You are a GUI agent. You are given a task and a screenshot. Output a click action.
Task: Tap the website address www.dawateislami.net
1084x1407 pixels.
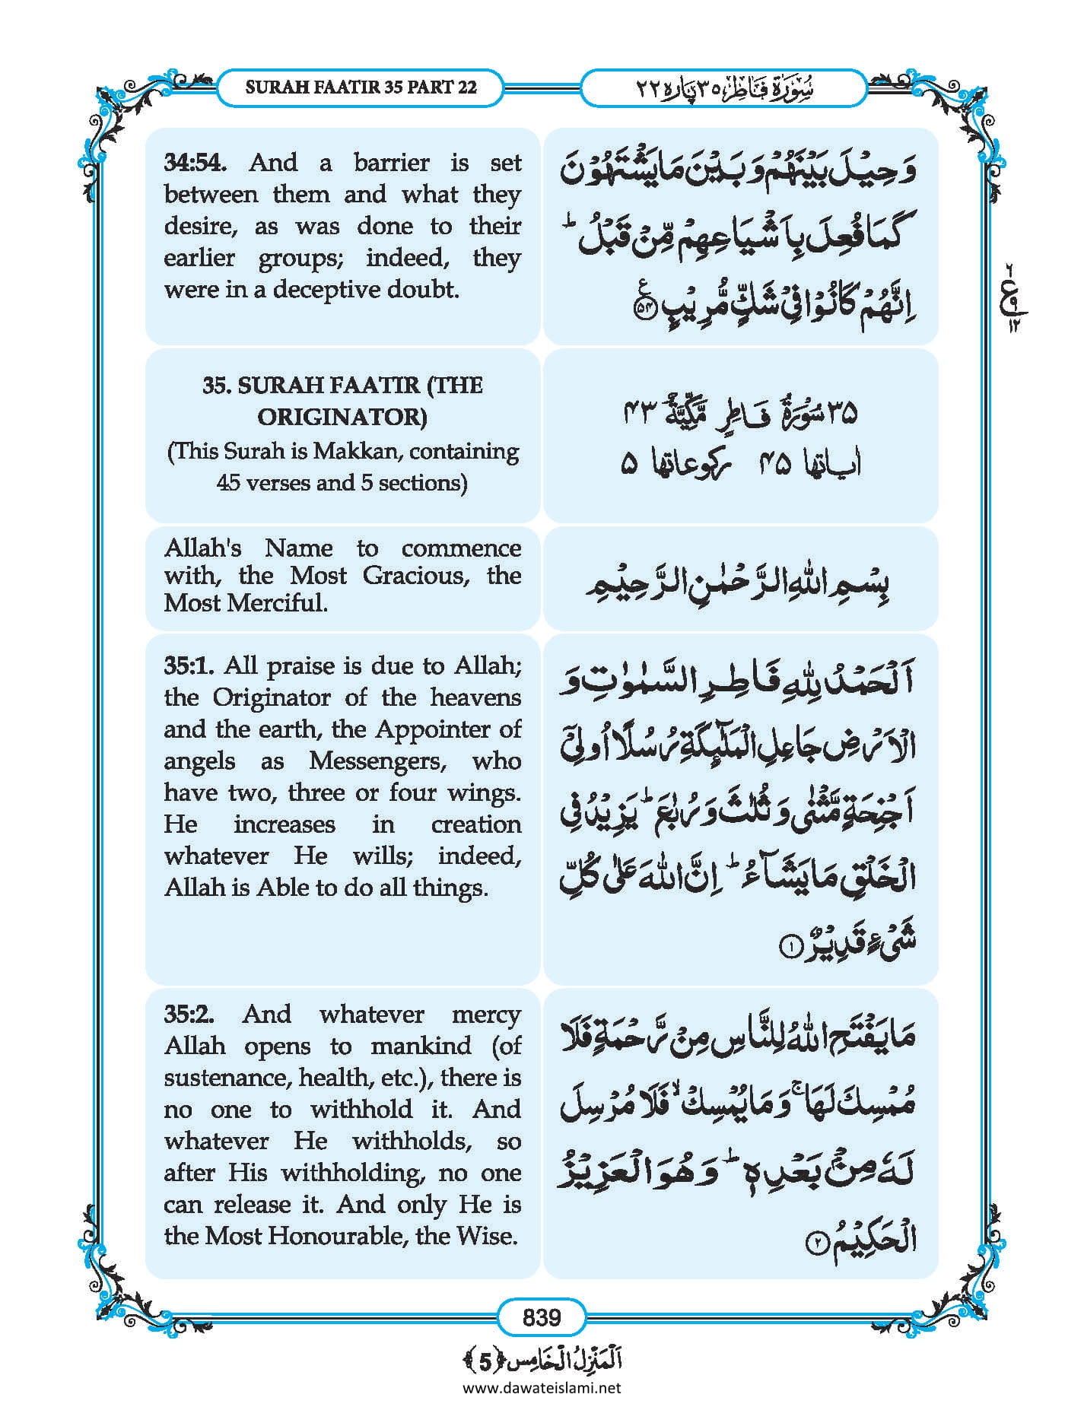pos(542,1387)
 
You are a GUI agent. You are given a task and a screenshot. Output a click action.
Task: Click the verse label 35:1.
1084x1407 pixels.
pos(190,665)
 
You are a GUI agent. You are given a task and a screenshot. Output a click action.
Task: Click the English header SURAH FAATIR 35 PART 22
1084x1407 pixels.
pos(361,87)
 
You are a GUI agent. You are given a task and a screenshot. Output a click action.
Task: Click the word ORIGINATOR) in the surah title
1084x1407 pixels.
pos(342,417)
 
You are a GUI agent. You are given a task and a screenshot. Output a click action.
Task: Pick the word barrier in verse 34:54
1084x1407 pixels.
pos(391,162)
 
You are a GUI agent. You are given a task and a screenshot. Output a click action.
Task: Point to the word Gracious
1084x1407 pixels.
pos(415,575)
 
